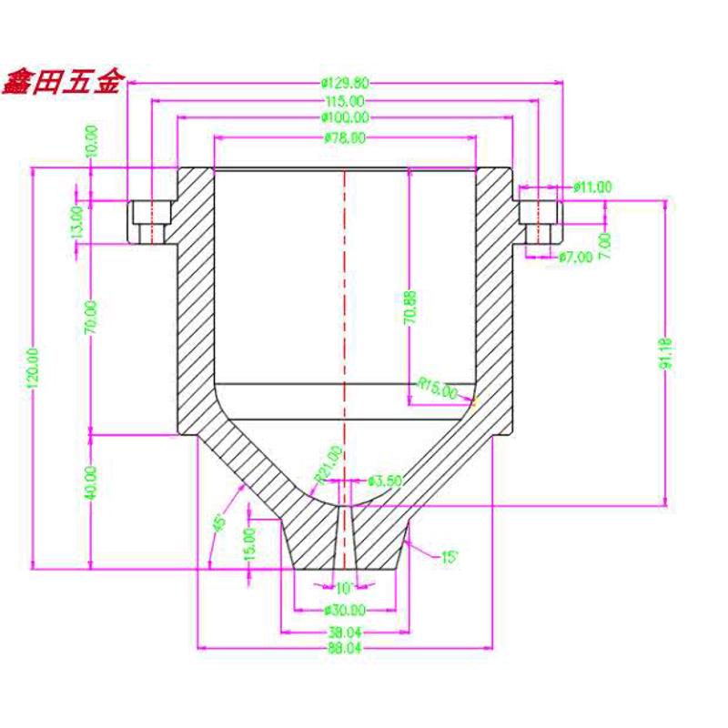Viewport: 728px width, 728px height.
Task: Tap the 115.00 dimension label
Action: click(x=345, y=100)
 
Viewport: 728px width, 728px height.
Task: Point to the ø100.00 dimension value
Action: click(x=345, y=118)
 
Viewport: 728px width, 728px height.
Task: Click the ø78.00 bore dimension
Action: click(x=345, y=138)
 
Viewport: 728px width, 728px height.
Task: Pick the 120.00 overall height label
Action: click(x=35, y=369)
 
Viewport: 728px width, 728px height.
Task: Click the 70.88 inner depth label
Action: click(x=410, y=308)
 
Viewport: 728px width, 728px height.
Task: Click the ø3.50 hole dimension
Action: click(x=382, y=480)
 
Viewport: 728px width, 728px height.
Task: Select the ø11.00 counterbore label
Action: click(x=592, y=187)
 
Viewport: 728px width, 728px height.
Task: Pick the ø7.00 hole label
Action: click(x=575, y=257)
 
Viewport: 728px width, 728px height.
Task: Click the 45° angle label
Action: click(x=218, y=523)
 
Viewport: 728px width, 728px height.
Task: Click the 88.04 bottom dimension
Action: click(x=345, y=648)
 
